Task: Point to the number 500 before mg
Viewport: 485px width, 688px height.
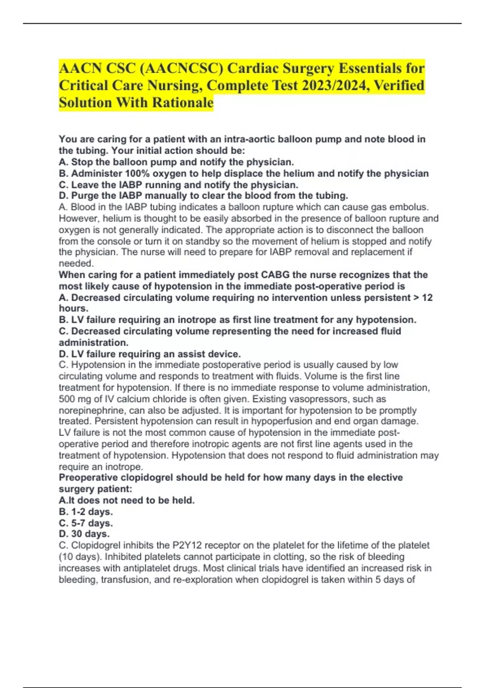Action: (x=67, y=399)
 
